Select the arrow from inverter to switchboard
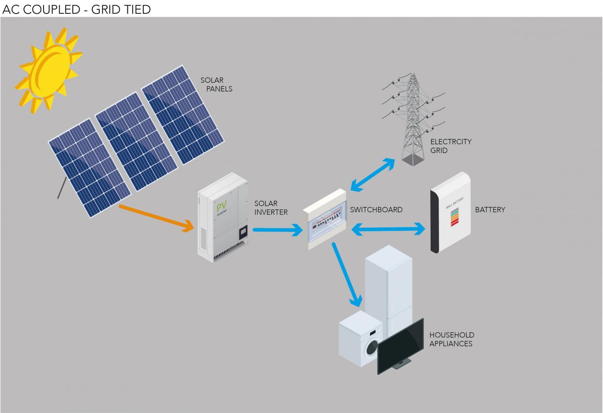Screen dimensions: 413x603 [277, 230]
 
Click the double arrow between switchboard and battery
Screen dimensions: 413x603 [388, 229]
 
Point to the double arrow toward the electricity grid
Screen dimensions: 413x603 [373, 175]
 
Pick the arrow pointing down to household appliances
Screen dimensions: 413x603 [346, 274]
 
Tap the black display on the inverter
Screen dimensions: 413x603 [243, 233]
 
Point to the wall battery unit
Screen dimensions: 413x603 [450, 212]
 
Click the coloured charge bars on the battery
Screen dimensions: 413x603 [454, 217]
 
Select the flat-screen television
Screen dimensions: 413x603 [400, 345]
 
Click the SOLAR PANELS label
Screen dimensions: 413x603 [216, 84]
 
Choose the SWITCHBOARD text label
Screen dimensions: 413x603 [376, 210]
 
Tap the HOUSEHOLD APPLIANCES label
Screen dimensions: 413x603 [451, 339]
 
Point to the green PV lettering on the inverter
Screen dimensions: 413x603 [221, 206]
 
